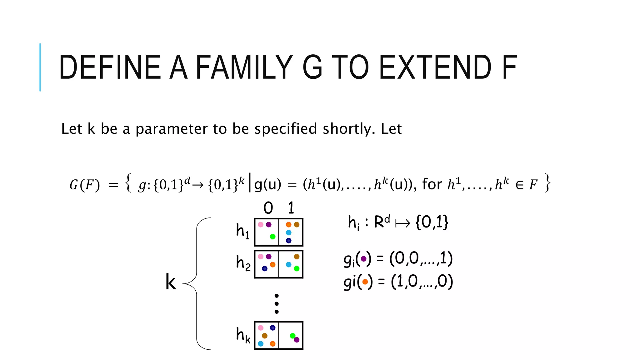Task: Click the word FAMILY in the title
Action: click(244, 67)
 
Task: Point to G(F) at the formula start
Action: click(85, 185)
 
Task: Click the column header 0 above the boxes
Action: click(268, 208)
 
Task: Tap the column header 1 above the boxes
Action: click(291, 208)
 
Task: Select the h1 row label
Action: click(242, 231)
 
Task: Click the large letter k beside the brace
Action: click(171, 282)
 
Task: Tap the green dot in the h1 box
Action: click(272, 237)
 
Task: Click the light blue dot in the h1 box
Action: click(288, 232)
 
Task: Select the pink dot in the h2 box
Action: click(261, 257)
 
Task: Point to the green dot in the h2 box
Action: click(297, 268)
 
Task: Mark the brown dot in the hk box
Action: click(264, 336)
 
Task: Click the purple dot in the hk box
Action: click(297, 340)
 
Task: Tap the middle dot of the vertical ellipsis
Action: click(277, 304)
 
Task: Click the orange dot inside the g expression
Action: click(365, 282)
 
